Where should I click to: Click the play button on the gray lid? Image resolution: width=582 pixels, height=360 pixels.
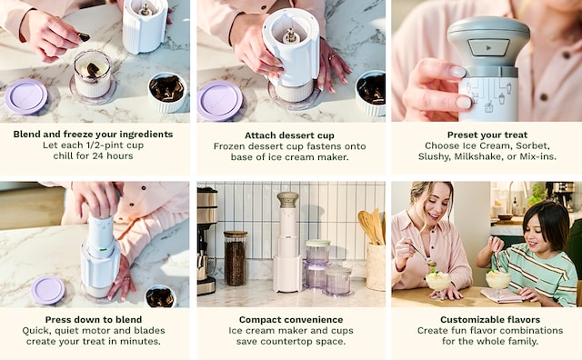[488, 48]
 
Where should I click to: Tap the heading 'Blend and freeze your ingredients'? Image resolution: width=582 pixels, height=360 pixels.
[93, 134]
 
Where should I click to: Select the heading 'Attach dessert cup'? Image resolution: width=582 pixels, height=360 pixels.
[289, 135]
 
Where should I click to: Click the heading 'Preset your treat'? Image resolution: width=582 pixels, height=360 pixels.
[487, 135]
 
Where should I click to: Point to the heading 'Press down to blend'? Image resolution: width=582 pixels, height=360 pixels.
[94, 320]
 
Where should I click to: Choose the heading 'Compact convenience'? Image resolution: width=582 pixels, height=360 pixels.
[291, 320]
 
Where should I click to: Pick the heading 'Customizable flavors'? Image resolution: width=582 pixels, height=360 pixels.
[490, 320]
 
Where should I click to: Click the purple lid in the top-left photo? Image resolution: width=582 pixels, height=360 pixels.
[26, 96]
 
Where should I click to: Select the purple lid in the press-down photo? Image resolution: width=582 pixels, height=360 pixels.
[47, 290]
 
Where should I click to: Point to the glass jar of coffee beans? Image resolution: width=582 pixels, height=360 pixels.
[236, 258]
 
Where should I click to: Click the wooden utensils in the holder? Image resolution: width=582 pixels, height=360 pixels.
[372, 226]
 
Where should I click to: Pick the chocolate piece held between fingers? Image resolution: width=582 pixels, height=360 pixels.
[84, 36]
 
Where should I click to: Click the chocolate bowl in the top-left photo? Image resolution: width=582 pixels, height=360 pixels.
[167, 92]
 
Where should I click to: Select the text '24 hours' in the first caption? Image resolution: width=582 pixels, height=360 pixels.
[113, 155]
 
